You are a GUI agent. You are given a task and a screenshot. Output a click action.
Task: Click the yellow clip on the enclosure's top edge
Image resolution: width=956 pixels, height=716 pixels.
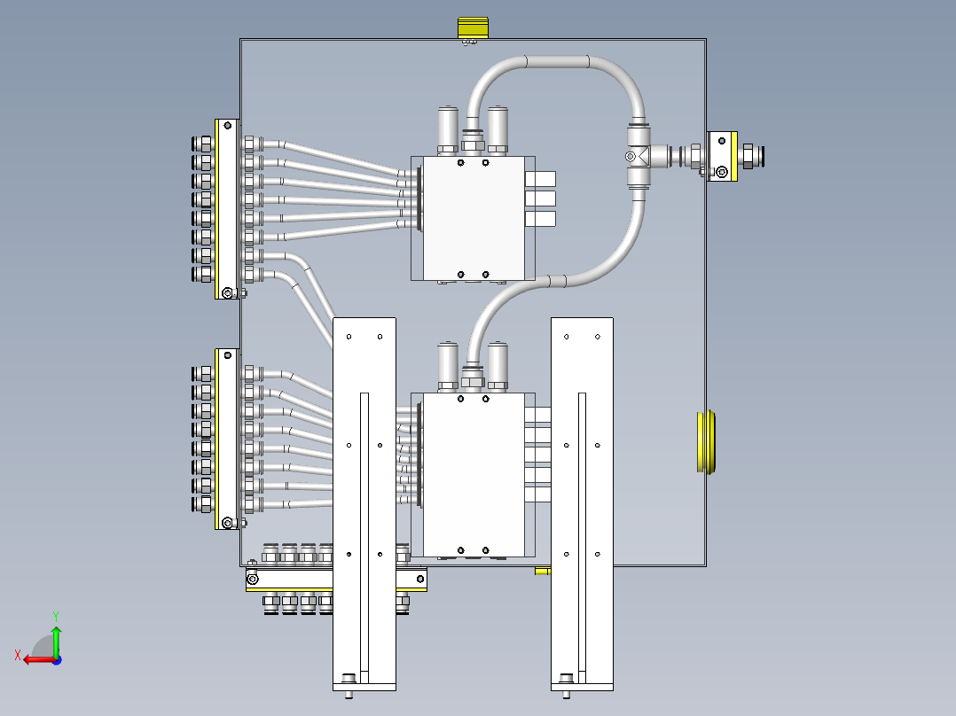pyautogui.click(x=474, y=27)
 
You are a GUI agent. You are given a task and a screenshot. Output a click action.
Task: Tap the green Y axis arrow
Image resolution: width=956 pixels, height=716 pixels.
pyautogui.click(x=56, y=636)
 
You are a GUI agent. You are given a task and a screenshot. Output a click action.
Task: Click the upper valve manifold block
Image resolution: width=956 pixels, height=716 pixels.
pyautogui.click(x=474, y=218)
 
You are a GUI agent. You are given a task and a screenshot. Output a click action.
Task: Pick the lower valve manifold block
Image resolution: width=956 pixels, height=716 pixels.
pyautogui.click(x=474, y=474)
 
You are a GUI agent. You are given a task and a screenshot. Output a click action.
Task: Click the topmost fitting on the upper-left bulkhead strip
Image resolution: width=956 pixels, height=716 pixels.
pyautogui.click(x=203, y=144)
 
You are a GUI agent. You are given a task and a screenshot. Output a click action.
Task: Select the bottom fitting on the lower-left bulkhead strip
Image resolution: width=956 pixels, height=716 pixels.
pyautogui.click(x=203, y=504)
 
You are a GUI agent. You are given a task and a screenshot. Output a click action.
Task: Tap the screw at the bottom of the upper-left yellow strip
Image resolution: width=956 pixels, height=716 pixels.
pyautogui.click(x=228, y=292)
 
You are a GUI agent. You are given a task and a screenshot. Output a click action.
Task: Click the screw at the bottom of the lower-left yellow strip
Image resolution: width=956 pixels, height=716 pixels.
pyautogui.click(x=228, y=523)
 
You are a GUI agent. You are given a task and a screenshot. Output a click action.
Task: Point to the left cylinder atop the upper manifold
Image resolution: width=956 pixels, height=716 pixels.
pyautogui.click(x=448, y=128)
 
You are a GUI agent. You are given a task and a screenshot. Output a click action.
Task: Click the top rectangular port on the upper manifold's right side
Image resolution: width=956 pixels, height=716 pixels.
pyautogui.click(x=540, y=179)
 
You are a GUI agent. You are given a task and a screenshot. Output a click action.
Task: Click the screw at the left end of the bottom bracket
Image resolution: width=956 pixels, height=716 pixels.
pyautogui.click(x=254, y=580)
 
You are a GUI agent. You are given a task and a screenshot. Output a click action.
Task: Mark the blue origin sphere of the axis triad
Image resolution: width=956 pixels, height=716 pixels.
pyautogui.click(x=56, y=659)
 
